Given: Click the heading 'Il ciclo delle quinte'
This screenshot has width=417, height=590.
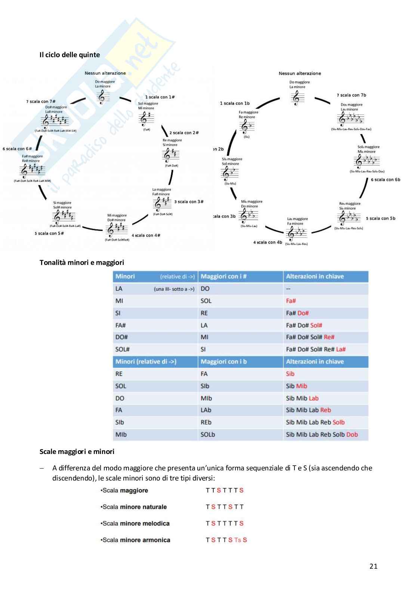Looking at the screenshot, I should pos(69,55).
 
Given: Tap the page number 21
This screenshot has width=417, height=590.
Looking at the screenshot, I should pos(373,566).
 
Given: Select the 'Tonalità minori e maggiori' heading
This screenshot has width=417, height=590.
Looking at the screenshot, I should pos(81,263).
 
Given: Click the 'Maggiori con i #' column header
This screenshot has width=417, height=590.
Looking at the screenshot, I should pos(223,277).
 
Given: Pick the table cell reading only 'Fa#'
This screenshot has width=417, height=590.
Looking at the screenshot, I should pos(291,301).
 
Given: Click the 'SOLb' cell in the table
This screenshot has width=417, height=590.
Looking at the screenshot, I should pos(208,435).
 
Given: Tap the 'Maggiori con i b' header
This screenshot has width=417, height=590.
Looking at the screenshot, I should pos(223,362).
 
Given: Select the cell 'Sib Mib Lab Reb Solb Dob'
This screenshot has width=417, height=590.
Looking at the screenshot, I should pos(322,435).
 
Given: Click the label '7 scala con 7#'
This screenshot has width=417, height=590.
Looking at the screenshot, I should pos(41,102).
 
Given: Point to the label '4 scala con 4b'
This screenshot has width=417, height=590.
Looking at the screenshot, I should pos(268,243).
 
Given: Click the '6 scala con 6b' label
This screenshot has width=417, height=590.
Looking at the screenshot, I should pos(385,180).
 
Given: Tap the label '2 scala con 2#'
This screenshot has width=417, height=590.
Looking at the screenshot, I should pos(184,133).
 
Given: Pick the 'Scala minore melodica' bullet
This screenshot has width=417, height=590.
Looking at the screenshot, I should pos(135,523).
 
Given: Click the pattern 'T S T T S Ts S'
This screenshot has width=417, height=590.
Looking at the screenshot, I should pos(226,540).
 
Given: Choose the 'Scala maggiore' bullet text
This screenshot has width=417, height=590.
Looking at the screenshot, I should pos(124,491).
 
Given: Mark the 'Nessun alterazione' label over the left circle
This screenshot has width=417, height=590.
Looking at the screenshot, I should pos(105,73).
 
